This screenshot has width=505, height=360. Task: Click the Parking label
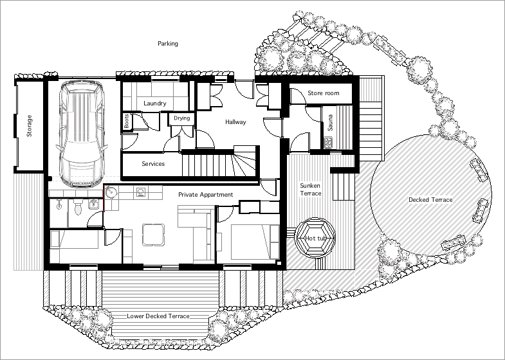click(168, 44)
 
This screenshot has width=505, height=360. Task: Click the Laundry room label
click(155, 104)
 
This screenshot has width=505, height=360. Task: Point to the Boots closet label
click(126, 122)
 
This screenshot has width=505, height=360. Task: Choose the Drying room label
click(181, 118)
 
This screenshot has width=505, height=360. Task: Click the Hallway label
click(235, 122)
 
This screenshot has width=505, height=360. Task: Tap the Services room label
click(153, 164)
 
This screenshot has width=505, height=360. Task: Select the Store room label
click(323, 94)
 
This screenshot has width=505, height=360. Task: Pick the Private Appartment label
click(205, 194)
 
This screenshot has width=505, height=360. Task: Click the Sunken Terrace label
click(310, 189)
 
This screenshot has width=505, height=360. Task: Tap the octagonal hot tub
click(315, 238)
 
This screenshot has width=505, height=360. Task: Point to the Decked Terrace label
click(430, 200)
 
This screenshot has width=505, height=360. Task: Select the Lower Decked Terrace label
click(158, 316)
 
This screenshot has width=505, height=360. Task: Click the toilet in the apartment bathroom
click(78, 206)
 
